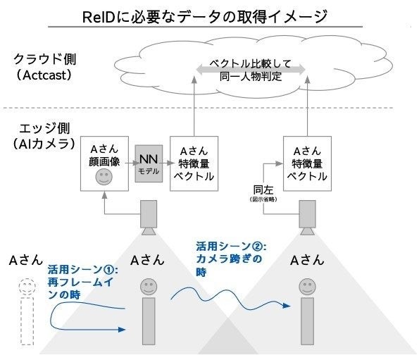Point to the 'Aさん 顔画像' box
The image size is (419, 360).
[104, 163]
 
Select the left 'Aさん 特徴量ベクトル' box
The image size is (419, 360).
[192, 163]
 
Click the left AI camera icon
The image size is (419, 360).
[149, 216]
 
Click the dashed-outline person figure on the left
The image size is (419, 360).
[27, 310]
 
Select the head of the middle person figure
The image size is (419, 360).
[148, 287]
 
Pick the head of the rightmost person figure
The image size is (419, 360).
[306, 287]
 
